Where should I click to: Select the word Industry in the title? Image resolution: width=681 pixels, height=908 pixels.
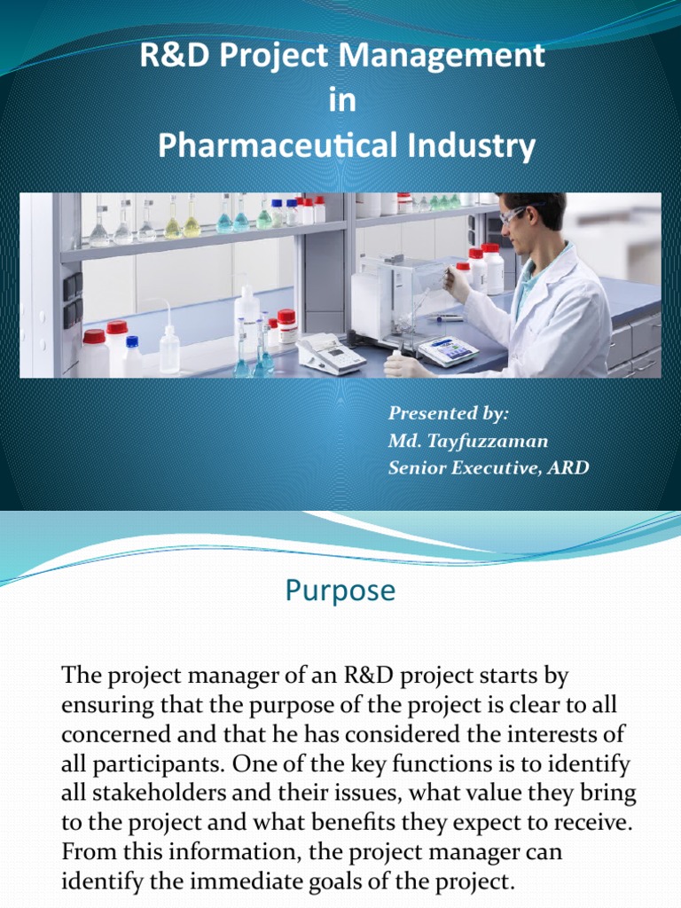(476, 145)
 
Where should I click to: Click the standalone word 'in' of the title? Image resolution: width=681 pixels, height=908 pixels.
(341, 101)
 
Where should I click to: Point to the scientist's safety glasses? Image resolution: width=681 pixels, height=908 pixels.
(514, 215)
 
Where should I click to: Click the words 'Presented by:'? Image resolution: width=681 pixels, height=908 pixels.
(449, 412)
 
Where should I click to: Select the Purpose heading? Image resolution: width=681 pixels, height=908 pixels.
(340, 591)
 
